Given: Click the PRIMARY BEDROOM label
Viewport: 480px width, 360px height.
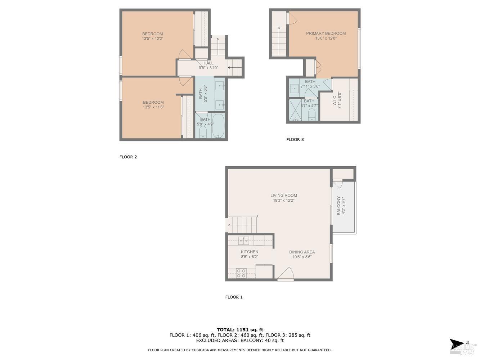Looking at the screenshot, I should pyautogui.click(x=326, y=33).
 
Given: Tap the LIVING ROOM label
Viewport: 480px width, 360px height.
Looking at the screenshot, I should pyautogui.click(x=284, y=195).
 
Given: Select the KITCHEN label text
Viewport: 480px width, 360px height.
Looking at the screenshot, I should pyautogui.click(x=249, y=252).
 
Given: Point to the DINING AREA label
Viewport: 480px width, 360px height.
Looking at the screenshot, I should pyautogui.click(x=302, y=252).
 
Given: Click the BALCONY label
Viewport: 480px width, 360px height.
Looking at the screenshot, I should pyautogui.click(x=338, y=206).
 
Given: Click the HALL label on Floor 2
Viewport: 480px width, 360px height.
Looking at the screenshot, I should pyautogui.click(x=208, y=63).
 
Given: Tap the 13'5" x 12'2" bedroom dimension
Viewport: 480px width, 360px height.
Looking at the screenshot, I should pyautogui.click(x=152, y=39).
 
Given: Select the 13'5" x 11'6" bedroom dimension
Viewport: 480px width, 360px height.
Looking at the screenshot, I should pyautogui.click(x=153, y=107).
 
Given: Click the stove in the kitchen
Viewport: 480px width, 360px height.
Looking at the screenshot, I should pyautogui.click(x=241, y=274).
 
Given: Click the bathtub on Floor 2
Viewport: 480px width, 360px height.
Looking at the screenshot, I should pyautogui.click(x=218, y=126).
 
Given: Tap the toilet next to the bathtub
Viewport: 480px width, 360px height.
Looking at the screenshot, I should pyautogui.click(x=203, y=132).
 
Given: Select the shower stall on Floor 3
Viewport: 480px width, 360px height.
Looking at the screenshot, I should pyautogui.click(x=295, y=110).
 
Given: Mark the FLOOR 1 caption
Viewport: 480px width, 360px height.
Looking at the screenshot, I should pyautogui.click(x=234, y=297).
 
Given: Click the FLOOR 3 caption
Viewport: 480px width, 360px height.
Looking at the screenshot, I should pyautogui.click(x=295, y=140).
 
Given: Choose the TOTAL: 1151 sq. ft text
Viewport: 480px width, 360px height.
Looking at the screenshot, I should pyautogui.click(x=240, y=330).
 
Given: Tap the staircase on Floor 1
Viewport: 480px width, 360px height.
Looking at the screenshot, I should pyautogui.click(x=243, y=224).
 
